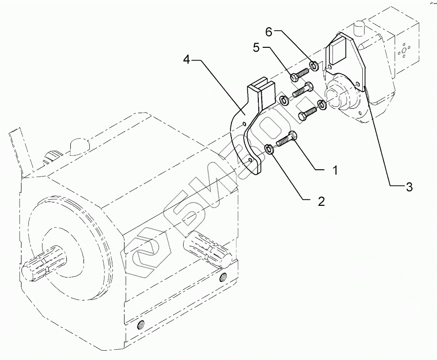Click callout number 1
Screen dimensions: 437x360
[335, 170]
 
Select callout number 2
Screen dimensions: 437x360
[321, 201]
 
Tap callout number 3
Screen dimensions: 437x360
[409, 187]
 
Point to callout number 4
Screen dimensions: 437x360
[187, 60]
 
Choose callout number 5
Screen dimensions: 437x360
[257, 48]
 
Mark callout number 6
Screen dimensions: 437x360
[268, 32]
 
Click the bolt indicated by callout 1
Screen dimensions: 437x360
[287, 139]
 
